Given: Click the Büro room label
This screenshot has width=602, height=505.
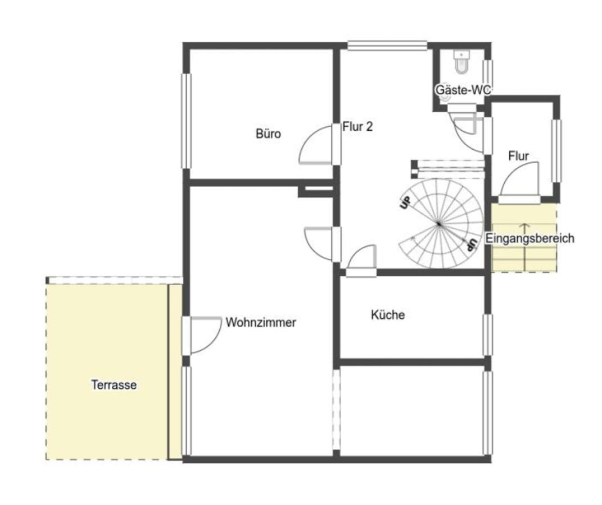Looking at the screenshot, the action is pos(268,134).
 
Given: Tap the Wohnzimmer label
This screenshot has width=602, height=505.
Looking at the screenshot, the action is pos(261,323).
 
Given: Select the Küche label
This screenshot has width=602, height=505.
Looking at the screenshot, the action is pos(388,315).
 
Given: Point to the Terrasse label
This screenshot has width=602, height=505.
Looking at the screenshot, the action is pos(114,385).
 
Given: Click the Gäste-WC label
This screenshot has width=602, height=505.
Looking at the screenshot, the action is pos(463,90).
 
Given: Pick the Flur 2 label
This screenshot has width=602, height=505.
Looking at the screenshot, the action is pos(357,127).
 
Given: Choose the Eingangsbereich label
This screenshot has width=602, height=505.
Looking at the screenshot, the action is pos(530,238).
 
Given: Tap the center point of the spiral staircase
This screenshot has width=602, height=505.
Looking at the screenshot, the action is pos(439,224).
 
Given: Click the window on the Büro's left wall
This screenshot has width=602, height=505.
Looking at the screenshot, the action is pos(186,121).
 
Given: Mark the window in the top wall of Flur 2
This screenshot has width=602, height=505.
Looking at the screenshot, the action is pos(387,45).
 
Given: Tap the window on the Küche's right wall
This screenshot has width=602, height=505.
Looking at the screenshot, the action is pos(487,335).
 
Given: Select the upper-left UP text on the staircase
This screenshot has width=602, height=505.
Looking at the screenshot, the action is pos(405,203).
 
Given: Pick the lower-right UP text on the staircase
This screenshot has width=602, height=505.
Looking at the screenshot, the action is pos(472,245).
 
